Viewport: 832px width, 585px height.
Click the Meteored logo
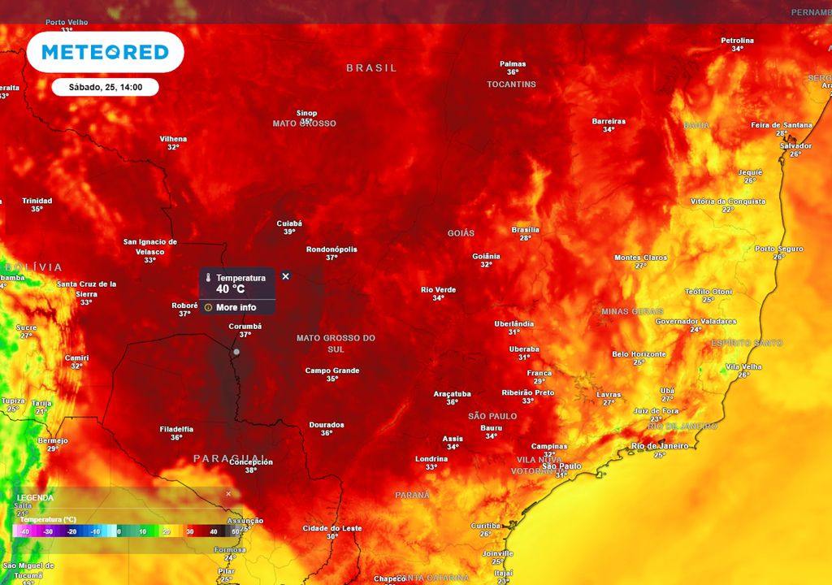(x=105, y=52)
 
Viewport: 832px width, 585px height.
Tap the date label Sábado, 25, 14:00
(x=105, y=87)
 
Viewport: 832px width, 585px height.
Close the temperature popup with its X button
(x=285, y=276)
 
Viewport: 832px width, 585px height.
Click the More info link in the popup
(x=236, y=308)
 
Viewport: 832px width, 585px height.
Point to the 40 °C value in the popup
(x=230, y=288)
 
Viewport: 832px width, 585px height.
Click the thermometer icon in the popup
(x=208, y=278)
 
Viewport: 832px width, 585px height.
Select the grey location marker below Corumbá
(x=236, y=352)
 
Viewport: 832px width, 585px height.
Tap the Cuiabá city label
(x=289, y=223)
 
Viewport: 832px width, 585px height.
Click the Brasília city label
(x=525, y=230)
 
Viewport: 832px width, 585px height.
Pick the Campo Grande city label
(x=331, y=370)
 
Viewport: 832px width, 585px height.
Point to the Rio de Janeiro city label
(x=660, y=445)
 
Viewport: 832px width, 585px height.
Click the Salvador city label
(x=795, y=145)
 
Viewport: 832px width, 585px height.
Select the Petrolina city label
(x=737, y=40)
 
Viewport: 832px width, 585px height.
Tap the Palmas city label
(x=513, y=63)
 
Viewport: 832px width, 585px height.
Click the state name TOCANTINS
(x=511, y=84)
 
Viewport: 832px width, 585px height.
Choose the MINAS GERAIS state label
(x=632, y=311)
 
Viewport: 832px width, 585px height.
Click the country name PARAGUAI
(x=228, y=459)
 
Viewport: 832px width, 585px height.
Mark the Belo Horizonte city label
(x=639, y=353)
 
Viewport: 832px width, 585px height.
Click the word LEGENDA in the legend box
(x=35, y=497)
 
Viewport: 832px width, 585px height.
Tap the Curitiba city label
(x=485, y=525)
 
